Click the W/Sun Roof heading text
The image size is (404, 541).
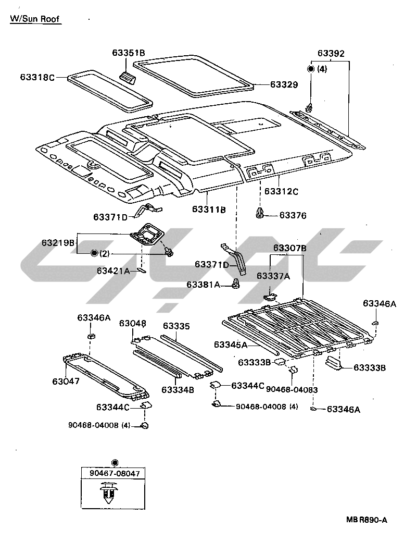coord(35,19)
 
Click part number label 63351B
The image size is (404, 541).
coord(128,53)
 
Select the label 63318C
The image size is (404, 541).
coord(37,77)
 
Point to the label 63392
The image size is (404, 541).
coord(331,54)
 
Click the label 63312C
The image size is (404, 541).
coord(281,191)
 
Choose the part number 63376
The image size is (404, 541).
coord(293,215)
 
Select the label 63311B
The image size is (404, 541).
coord(209,209)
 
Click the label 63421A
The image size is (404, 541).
coord(113,270)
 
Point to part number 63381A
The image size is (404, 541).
coord(204,285)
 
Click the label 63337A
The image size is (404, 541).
coord(273,276)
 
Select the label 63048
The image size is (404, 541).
coord(132,324)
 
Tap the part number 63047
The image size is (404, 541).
coord(66,381)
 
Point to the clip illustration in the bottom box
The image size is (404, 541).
coord(108,494)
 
